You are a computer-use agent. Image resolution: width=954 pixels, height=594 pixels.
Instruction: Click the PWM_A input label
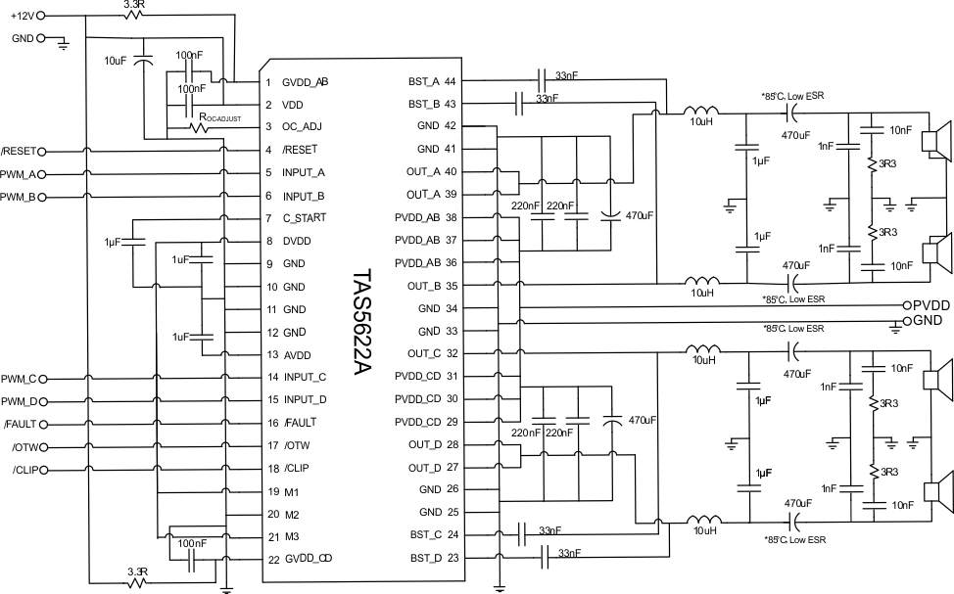[x=20, y=174]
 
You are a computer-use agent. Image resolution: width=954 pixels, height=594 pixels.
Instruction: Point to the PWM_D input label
[x=20, y=401]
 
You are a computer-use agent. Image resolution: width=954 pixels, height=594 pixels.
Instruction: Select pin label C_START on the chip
[x=304, y=217]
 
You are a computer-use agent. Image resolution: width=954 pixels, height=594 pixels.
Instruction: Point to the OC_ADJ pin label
[x=302, y=126]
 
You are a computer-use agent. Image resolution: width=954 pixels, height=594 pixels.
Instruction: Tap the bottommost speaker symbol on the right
[x=937, y=488]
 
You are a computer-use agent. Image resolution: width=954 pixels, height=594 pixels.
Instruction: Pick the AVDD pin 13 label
[x=297, y=354]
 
